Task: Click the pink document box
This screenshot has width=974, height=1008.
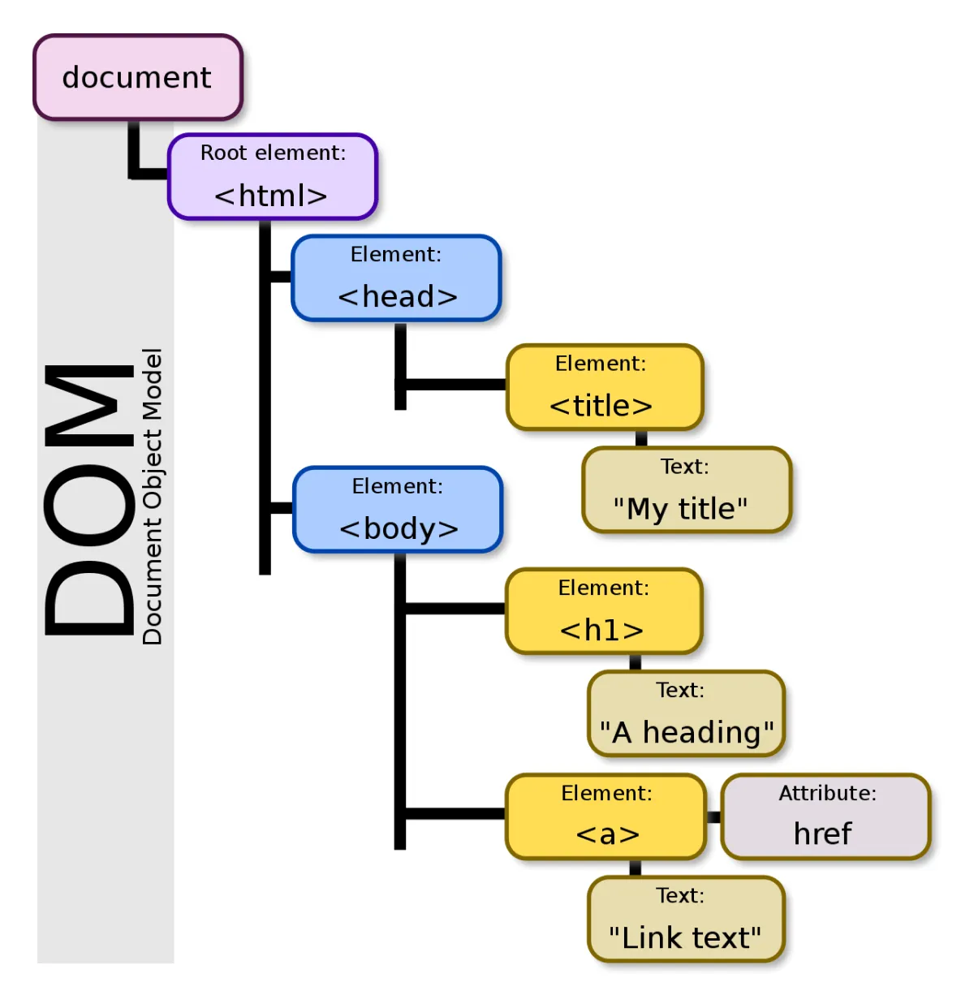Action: point(138,77)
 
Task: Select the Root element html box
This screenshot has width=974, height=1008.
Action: point(273,177)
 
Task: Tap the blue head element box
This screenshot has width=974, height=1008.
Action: point(396,278)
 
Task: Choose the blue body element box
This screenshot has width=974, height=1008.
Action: point(398,510)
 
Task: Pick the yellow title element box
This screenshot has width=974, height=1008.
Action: point(605,387)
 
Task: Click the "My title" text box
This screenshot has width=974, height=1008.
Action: point(687,489)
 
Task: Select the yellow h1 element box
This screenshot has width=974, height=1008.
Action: point(604,611)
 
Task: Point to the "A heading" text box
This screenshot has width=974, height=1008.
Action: point(686,713)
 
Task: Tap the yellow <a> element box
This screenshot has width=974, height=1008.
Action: point(606,816)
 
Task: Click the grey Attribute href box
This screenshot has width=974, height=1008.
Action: point(825,816)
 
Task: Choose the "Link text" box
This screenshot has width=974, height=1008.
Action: point(686,919)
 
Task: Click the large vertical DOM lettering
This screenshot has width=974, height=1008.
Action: point(89,500)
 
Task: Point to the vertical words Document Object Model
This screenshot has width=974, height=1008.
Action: point(153,496)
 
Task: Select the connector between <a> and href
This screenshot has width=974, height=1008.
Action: point(713,816)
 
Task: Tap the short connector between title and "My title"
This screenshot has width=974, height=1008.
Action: point(641,438)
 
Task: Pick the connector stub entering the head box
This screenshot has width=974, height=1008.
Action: point(281,277)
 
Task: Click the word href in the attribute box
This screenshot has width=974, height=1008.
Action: point(822,834)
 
